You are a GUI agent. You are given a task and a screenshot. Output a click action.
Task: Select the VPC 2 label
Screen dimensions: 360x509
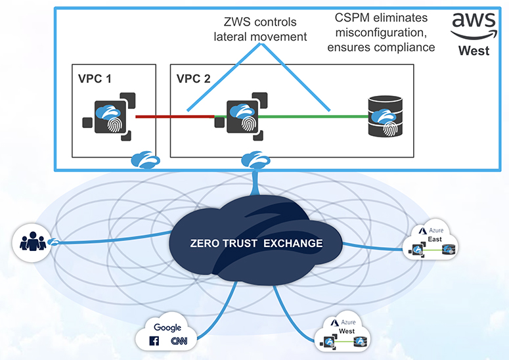coord(194,78)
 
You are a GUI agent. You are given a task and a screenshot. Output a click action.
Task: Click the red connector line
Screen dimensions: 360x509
coord(174,117)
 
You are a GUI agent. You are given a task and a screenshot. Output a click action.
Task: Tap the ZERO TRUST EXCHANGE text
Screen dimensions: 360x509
coord(255,243)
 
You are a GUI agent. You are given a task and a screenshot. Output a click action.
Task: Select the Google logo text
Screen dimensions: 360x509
coord(167,327)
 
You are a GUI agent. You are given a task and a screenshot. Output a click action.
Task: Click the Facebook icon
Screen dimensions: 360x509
coord(156,341)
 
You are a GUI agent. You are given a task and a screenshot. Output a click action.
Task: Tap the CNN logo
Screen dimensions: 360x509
coord(179,341)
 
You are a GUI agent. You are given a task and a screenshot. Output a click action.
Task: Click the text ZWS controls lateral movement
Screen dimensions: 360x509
coord(261,30)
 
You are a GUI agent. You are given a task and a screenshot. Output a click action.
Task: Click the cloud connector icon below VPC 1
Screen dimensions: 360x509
coord(142,160)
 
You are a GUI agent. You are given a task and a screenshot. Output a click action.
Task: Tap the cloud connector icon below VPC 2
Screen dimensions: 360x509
coord(254,160)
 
